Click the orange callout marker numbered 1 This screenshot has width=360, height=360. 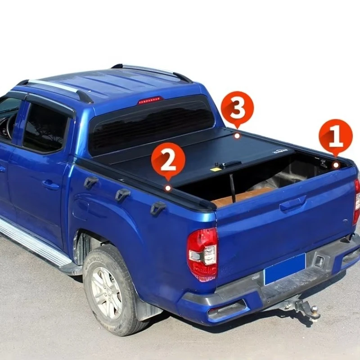335,136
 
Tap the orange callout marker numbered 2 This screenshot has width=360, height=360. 168,160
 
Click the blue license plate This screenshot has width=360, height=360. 285,269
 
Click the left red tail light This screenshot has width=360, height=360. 202,254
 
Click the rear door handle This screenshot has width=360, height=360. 50,184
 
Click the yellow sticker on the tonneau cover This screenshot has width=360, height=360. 216,169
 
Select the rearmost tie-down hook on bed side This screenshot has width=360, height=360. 158,208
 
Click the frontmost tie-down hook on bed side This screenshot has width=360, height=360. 90,182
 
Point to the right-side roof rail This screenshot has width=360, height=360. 153,71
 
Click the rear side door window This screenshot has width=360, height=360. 45,128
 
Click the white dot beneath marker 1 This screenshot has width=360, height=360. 336,165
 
